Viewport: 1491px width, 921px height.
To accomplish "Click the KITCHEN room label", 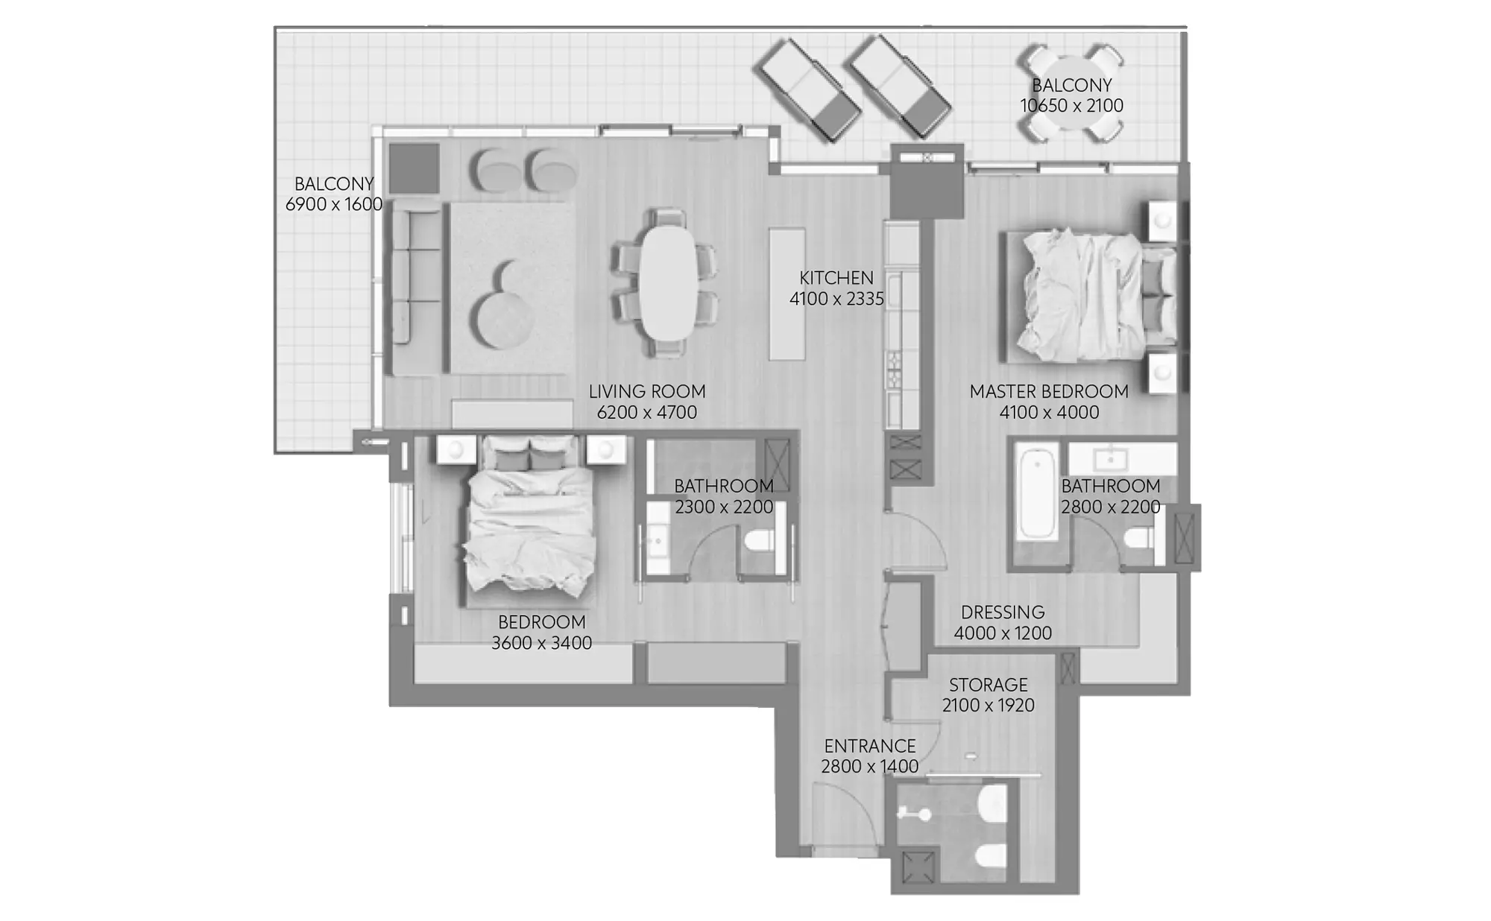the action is (x=836, y=278).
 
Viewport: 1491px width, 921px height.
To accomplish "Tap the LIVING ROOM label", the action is (x=647, y=391).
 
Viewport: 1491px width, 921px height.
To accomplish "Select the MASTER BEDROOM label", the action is (x=1049, y=391).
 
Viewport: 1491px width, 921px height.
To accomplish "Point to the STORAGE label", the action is (x=989, y=684).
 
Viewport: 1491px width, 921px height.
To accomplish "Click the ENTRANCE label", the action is (x=870, y=746).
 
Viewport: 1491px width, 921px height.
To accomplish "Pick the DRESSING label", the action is (x=1003, y=613).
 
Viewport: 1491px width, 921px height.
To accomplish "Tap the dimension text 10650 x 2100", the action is (x=1072, y=106).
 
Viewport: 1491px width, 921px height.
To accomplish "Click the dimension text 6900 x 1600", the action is (x=334, y=204).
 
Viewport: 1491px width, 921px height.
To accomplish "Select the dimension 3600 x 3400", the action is (x=542, y=643).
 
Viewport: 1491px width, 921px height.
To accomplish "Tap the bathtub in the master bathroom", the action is (x=1037, y=493).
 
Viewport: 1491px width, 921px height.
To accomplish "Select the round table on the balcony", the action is (x=1071, y=93).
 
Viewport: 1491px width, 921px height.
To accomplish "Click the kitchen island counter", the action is (x=787, y=294).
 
